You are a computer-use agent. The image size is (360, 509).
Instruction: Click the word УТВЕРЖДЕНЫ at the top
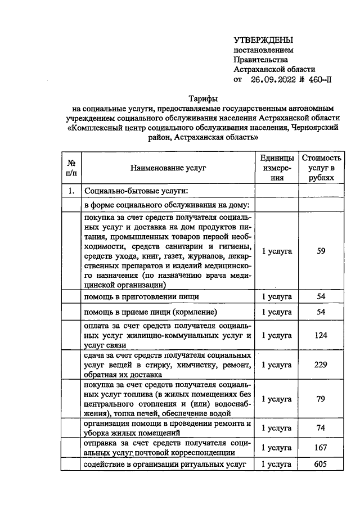coord(263,40)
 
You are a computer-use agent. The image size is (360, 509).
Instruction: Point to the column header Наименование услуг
coord(168,168)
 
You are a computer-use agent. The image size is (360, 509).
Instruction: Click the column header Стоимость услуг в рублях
coord(321,168)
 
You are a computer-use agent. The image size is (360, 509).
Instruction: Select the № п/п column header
coord(71,168)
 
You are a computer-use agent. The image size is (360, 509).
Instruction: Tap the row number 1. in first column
coord(71,191)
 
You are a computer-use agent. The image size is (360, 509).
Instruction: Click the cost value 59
coord(321,251)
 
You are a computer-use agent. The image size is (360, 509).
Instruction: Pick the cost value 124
coord(321,335)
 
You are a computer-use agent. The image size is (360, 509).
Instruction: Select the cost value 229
coord(321,364)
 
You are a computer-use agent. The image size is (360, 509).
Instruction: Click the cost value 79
coord(321,399)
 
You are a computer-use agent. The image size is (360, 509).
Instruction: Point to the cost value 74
coord(321,427)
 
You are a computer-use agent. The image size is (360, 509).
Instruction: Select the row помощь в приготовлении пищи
coord(141,296)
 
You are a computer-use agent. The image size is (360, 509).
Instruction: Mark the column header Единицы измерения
coord(277,168)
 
